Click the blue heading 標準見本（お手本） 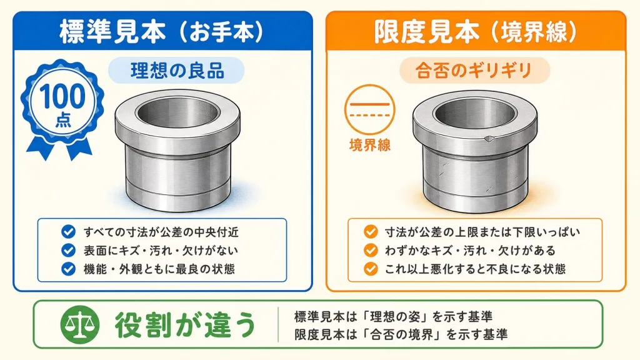pyautogui.click(x=162, y=32)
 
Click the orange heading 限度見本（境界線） pyautogui.click(x=476, y=32)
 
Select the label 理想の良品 pyautogui.click(x=177, y=70)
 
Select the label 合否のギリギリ pyautogui.click(x=474, y=70)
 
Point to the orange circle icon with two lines pyautogui.click(x=370, y=109)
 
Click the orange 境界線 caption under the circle pyautogui.click(x=370, y=145)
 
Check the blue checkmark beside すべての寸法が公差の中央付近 pyautogui.click(x=68, y=231)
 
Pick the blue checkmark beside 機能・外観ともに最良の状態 pyautogui.click(x=68, y=269)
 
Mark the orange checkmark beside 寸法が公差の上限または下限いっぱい pyautogui.click(x=371, y=231)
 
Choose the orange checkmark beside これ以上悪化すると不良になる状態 pyautogui.click(x=371, y=269)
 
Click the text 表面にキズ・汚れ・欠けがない pyautogui.click(x=161, y=250)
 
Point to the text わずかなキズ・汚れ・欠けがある pyautogui.click(x=470, y=250)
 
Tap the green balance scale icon pyautogui.click(x=80, y=324)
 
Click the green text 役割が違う pyautogui.click(x=185, y=325)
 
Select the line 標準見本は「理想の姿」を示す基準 pyautogui.click(x=393, y=316)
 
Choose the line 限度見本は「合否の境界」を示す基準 pyautogui.click(x=401, y=335)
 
